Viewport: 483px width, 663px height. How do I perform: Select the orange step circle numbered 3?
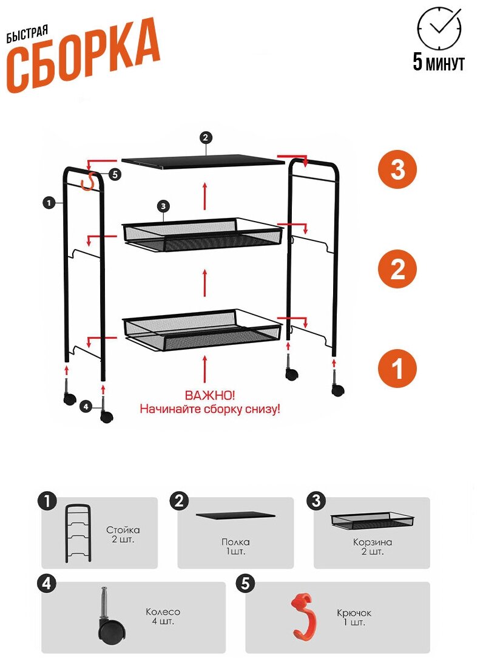(x=397, y=170)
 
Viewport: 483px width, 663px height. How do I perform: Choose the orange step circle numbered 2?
(x=397, y=269)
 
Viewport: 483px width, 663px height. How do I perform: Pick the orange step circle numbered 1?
(x=397, y=368)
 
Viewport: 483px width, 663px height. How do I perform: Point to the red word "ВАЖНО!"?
(x=210, y=396)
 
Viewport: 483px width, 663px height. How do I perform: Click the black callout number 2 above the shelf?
(x=206, y=138)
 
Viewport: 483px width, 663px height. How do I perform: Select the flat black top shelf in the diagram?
(x=203, y=160)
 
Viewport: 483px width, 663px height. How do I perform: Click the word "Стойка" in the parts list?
(x=123, y=530)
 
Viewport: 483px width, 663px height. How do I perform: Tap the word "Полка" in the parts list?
(x=235, y=542)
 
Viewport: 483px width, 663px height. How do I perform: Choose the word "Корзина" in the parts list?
(x=371, y=542)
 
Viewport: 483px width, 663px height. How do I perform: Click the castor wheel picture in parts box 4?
(x=109, y=623)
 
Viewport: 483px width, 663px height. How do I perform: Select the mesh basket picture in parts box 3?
(x=372, y=521)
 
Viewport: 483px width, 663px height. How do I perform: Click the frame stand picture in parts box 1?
(x=78, y=533)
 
